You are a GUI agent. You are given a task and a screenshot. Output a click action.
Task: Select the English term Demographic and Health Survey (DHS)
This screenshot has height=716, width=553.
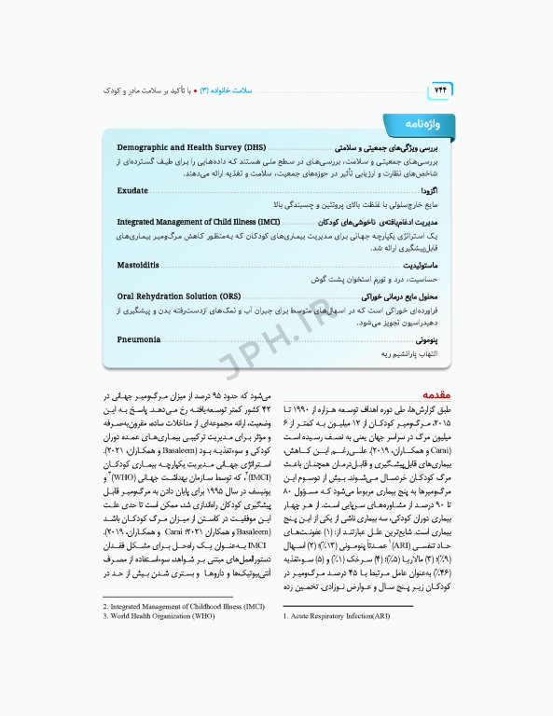point(191,147)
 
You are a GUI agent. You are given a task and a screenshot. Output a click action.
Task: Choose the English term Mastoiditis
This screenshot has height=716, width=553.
point(137,266)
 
